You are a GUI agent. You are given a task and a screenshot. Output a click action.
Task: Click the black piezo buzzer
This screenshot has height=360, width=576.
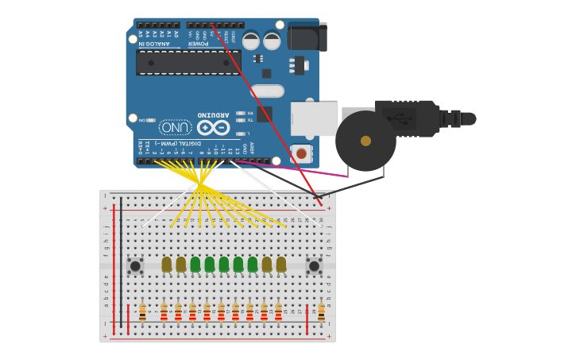(365, 141)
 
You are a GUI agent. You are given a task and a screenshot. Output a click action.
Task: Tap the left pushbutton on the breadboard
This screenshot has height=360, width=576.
(135, 266)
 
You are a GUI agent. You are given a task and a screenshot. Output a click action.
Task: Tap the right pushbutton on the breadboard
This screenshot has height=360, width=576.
(314, 266)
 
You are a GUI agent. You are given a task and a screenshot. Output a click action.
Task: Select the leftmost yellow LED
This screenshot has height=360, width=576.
(167, 264)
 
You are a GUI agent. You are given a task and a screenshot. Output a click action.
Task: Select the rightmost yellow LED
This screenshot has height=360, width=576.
(281, 264)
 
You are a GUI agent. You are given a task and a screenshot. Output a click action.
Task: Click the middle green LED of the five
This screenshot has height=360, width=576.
(224, 264)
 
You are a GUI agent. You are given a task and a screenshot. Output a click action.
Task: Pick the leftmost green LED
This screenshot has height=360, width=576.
(195, 264)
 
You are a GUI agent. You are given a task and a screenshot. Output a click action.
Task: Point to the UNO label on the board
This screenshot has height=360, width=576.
(176, 127)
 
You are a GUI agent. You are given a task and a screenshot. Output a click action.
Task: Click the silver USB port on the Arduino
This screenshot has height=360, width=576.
(313, 118)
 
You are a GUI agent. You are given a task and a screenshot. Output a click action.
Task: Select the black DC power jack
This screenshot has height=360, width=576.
(307, 37)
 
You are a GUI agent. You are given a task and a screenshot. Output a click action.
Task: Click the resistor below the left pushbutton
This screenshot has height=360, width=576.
(142, 312)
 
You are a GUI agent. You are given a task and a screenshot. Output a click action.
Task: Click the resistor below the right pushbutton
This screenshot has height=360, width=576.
(321, 312)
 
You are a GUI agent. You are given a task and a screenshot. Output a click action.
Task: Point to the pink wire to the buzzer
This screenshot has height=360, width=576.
(294, 168)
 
